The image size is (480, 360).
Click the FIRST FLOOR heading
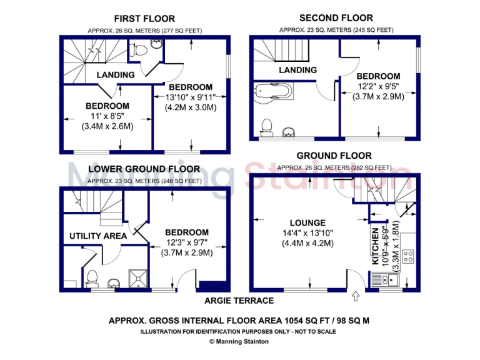[144, 19]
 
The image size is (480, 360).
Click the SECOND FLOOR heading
[336, 18]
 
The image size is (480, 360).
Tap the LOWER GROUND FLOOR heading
[144, 169]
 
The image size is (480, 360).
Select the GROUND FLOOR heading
[334, 156]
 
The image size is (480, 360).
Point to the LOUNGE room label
[307, 222]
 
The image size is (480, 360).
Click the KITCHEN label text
[376, 246]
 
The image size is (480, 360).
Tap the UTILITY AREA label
[97, 236]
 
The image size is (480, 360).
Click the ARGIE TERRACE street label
[239, 301]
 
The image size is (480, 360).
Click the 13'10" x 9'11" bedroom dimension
[190, 97]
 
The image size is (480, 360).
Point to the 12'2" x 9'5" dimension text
[379, 86]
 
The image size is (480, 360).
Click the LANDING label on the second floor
[297, 70]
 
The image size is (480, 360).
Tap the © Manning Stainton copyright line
[239, 341]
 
